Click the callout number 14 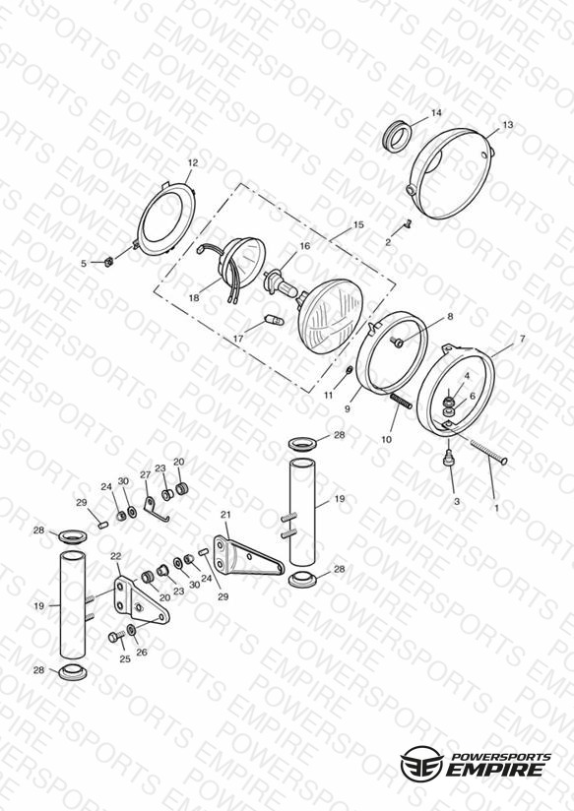click(436, 113)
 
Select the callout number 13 click(508, 125)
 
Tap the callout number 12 click(193, 162)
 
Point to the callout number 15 click(358, 225)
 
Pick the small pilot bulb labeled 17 click(275, 320)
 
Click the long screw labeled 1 click(488, 451)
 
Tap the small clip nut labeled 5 click(109, 262)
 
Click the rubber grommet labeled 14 click(398, 136)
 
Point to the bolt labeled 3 click(449, 458)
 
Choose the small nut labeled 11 click(349, 370)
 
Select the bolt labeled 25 click(116, 636)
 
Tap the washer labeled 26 click(132, 630)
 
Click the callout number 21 click(225, 515)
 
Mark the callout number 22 click(116, 556)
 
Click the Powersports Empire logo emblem click(421, 762)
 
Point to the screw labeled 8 click(398, 342)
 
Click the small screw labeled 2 click(408, 224)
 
